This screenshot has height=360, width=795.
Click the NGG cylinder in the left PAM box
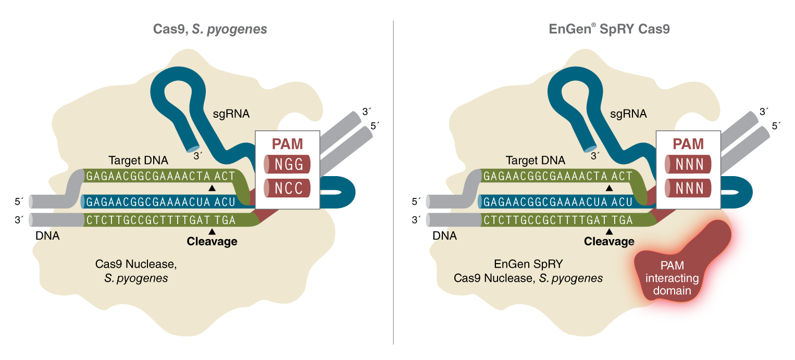(x=287, y=165)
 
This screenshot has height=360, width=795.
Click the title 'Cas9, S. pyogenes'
(x=210, y=29)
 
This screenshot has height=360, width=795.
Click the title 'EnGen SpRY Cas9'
(x=610, y=29)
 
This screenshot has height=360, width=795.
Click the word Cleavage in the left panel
(x=212, y=241)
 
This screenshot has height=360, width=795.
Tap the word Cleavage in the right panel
(x=609, y=241)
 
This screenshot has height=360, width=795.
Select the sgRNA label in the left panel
(x=231, y=113)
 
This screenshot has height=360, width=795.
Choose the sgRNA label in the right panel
(x=628, y=113)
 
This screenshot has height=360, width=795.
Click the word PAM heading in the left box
(x=287, y=144)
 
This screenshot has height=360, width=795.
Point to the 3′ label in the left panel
(x=196, y=154)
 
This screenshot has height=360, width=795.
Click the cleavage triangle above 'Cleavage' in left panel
(x=212, y=231)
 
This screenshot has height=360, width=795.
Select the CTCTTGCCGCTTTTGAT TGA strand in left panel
(x=161, y=220)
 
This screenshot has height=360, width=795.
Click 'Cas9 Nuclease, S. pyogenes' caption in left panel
(x=136, y=271)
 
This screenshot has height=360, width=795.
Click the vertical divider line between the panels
(x=393, y=182)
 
